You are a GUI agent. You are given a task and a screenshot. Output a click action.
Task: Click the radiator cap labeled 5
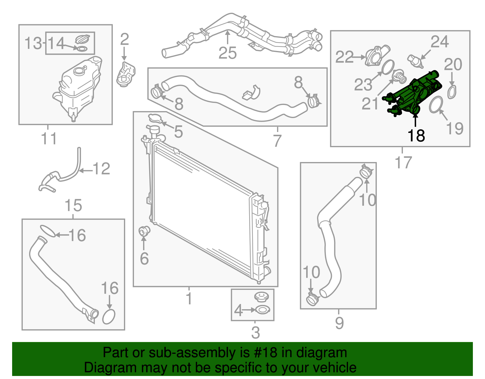(x=155, y=118)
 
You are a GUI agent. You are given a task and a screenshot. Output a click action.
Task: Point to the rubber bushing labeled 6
(x=144, y=231)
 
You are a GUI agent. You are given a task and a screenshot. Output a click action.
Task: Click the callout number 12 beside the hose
(x=101, y=169)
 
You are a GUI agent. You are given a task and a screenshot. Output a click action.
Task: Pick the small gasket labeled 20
(x=452, y=92)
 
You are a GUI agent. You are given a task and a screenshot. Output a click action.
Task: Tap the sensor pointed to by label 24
(x=415, y=61)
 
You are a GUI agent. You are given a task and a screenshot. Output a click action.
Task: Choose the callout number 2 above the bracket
(x=124, y=39)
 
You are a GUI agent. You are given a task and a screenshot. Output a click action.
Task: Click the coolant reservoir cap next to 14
(x=82, y=39)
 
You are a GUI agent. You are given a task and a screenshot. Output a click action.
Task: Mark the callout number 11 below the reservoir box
(x=49, y=139)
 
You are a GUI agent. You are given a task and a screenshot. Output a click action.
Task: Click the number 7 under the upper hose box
(x=277, y=140)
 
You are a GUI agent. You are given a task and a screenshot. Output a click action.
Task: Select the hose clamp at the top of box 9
(x=366, y=171)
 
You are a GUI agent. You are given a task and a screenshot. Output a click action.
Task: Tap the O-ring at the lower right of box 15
(x=109, y=316)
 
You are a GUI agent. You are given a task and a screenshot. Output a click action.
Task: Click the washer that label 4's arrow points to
(x=263, y=310)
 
